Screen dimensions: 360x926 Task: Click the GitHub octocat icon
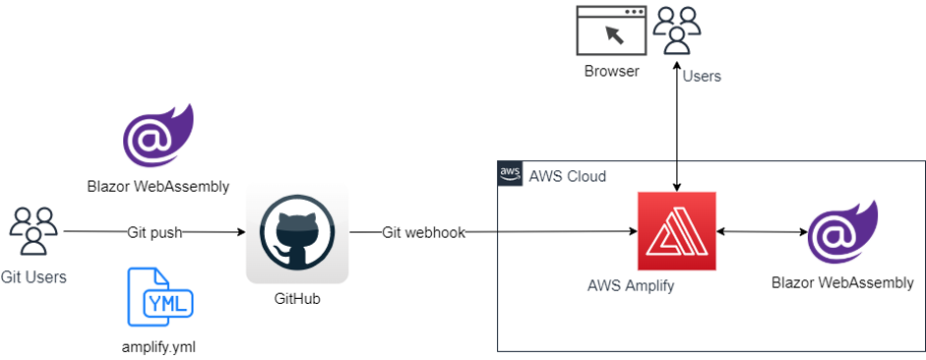296,232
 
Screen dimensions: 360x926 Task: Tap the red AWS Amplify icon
677,231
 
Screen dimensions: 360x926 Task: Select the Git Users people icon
33,231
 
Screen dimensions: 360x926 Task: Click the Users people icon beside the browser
678,30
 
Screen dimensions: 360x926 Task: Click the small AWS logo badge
510,173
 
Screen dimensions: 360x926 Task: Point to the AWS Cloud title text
568,176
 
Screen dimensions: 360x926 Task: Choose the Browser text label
611,71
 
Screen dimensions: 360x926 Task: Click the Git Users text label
33,277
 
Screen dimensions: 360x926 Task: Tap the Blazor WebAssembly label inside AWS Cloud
843,283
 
